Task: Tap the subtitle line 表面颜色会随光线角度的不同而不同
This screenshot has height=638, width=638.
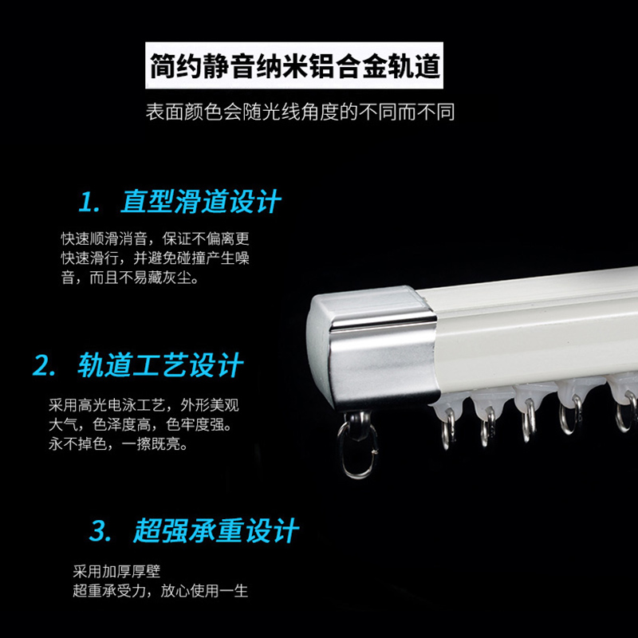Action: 300,111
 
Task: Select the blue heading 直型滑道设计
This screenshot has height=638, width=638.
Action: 201,202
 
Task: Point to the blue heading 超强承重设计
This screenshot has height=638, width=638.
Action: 216,530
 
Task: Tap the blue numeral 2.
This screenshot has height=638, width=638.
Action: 43,367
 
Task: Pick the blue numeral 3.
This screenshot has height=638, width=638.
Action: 100,531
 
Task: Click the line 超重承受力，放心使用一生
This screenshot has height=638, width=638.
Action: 159,591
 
